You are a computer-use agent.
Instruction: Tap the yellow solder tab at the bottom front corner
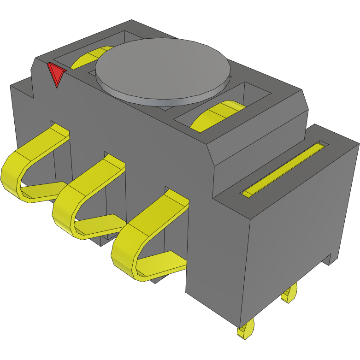(x=246, y=330)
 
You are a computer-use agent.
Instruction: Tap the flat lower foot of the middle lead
(x=99, y=224)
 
